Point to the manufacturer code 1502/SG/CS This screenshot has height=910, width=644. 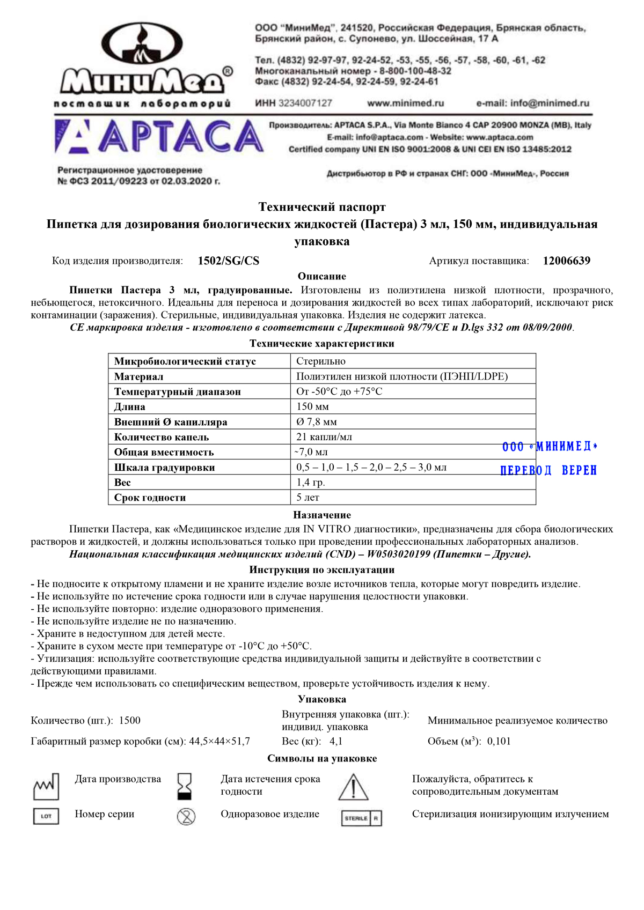coord(228,261)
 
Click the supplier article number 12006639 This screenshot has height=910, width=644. coord(566,261)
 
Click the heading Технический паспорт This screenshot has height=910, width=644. coord(322,207)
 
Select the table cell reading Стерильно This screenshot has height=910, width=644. coord(321,361)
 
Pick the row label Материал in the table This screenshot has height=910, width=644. coord(138,376)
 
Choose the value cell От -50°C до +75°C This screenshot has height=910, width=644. coord(339,391)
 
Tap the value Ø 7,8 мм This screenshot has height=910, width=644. coord(317,422)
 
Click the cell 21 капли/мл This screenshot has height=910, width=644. coord(324,437)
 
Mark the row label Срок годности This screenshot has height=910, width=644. coord(150,498)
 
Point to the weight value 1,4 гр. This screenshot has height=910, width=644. coord(311,483)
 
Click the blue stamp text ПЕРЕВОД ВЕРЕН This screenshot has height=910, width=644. coord(548,470)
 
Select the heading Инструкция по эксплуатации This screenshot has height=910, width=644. coord(322,570)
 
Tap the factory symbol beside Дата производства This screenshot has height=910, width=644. coord(46,786)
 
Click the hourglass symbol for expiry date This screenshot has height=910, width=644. coord(185,786)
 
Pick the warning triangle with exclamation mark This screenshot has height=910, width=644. coord(353,787)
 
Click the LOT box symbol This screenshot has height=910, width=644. coord(46,816)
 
